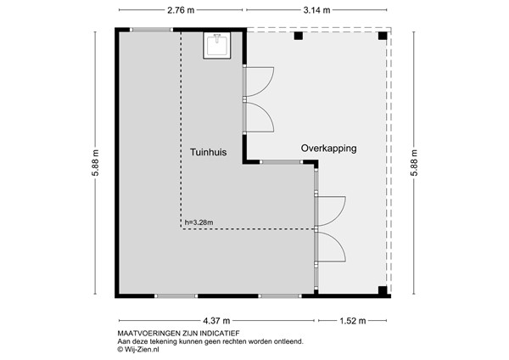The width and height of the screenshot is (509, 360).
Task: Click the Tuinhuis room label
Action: (207, 152)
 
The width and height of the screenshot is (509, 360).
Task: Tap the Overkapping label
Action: (328, 148)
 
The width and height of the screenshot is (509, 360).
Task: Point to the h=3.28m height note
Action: (199, 223)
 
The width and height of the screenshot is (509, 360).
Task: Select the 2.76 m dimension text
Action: (181, 10)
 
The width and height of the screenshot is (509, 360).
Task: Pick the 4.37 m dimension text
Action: (216, 321)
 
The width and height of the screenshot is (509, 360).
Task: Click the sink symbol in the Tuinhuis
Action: (217, 44)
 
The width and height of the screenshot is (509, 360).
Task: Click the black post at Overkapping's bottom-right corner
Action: (383, 290)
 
